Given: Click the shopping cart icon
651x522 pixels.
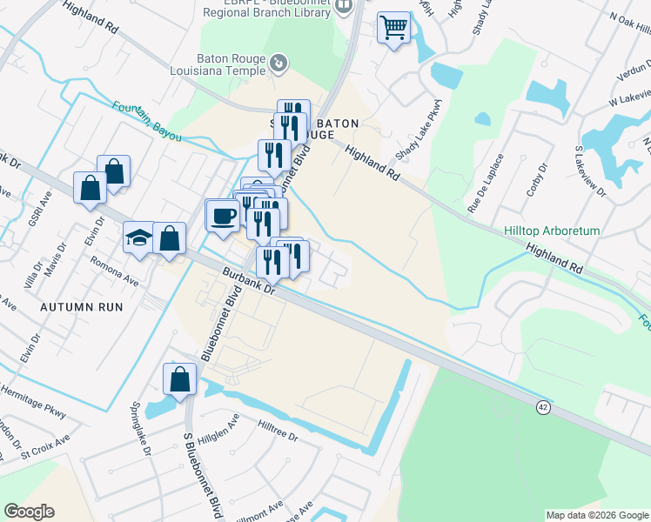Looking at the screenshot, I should click(x=394, y=29).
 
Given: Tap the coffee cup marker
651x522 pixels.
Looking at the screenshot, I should click(x=223, y=216).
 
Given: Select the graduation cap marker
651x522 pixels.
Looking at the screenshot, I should click(x=139, y=238).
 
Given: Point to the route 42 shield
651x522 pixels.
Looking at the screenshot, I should click(x=543, y=407).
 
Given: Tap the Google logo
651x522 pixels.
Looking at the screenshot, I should click(x=29, y=512).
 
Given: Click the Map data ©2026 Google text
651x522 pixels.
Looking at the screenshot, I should click(x=596, y=515).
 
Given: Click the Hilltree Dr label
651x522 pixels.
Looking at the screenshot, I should click(x=278, y=432).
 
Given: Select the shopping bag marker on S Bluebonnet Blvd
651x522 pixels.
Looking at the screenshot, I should click(x=178, y=379).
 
